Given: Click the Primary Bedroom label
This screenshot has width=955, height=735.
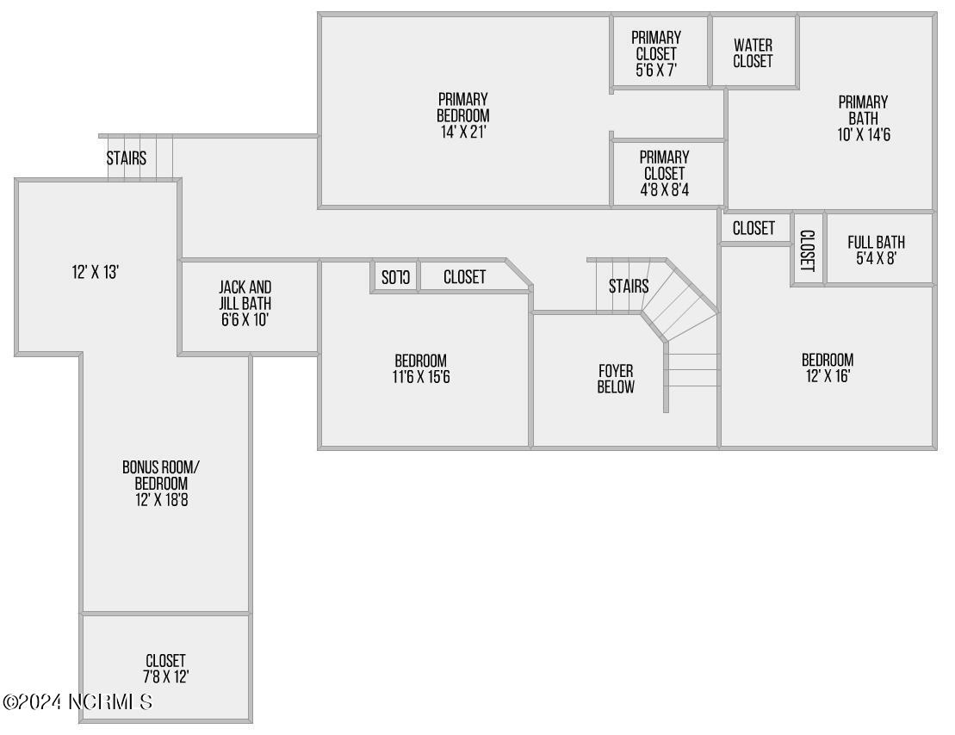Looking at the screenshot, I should (x=463, y=115).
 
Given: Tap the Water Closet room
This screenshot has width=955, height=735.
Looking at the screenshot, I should (x=753, y=53).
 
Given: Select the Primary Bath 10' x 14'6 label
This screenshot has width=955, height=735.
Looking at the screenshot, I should (x=863, y=119).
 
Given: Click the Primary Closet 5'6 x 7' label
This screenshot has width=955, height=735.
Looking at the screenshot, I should (x=656, y=54).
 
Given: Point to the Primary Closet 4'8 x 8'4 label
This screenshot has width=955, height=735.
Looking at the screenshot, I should (x=665, y=174).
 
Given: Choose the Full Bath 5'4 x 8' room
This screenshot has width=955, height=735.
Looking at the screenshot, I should (x=877, y=250).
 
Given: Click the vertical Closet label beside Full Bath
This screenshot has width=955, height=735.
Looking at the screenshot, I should (x=807, y=250).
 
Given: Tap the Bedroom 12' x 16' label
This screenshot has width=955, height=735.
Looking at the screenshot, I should (x=828, y=367).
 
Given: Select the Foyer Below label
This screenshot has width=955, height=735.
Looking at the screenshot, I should (x=616, y=379).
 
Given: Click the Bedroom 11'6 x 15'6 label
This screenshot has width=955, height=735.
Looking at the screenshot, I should (x=421, y=368).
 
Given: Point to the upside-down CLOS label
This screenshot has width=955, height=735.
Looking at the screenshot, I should (x=395, y=277).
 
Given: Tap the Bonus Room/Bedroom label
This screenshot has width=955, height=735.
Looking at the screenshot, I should (x=161, y=483).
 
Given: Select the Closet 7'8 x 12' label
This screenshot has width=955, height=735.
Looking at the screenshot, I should (x=166, y=669).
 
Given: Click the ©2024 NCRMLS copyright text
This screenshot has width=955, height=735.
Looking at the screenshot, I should (x=78, y=701).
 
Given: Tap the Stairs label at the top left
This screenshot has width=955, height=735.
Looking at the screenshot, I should (x=127, y=158).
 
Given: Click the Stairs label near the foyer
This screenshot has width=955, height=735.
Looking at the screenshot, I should (x=629, y=286).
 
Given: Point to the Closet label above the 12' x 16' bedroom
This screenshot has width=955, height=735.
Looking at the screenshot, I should (x=753, y=228).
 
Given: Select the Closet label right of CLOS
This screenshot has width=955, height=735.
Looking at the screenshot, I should (x=464, y=277).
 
